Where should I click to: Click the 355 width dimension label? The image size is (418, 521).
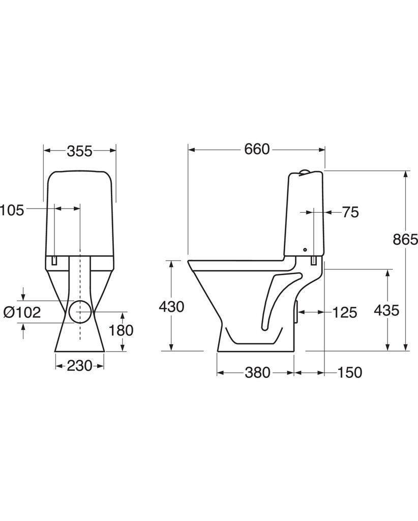pos(80,151)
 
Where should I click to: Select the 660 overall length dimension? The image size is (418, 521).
pos(257,150)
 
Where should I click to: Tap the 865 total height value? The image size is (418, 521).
pos(405,239)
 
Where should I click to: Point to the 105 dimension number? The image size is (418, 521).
pos(12,210)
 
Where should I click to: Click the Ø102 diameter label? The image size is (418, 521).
pos(22,312)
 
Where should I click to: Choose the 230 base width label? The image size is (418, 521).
pos(80,366)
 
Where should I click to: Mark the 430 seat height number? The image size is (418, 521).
pos(171,307)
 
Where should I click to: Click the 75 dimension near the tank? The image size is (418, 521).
pos(350,212)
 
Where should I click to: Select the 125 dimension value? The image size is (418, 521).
pos(345,312)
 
